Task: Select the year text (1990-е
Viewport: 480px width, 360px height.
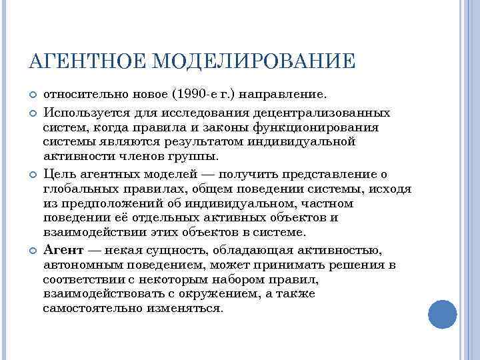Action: [194, 96]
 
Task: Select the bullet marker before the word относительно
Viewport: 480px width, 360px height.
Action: [32, 97]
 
